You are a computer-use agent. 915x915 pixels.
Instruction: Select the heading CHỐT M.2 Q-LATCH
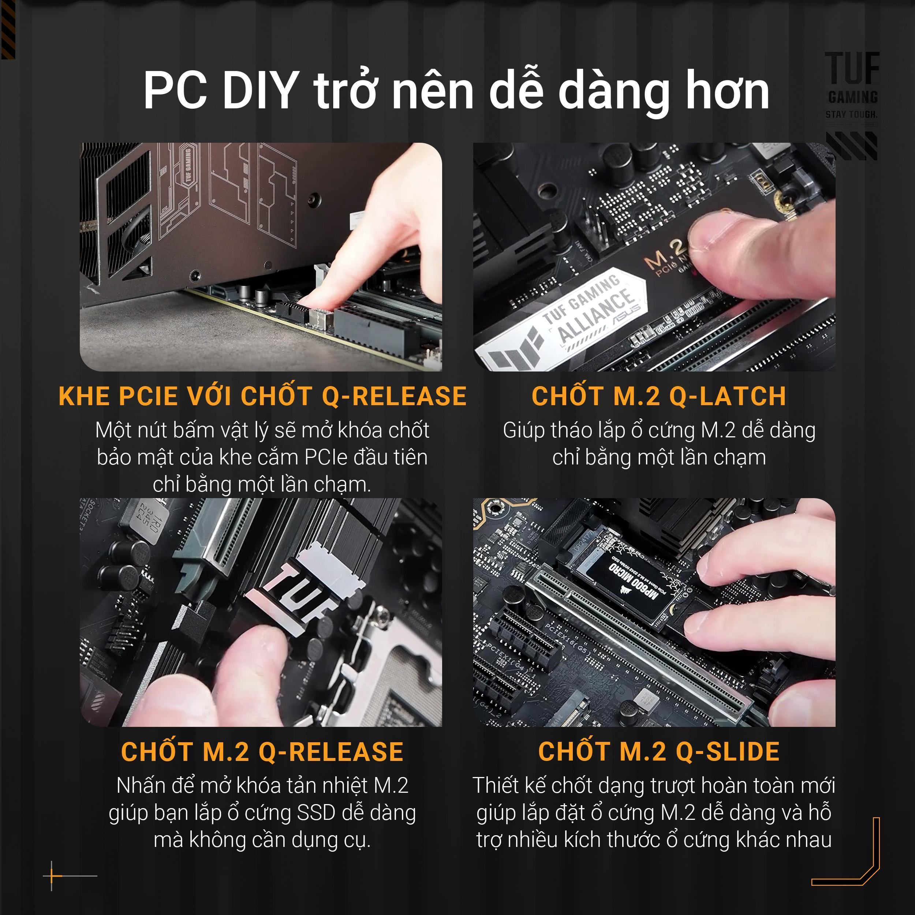pyautogui.click(x=658, y=396)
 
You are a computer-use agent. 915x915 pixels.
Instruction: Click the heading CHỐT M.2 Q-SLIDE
pyautogui.click(x=658, y=751)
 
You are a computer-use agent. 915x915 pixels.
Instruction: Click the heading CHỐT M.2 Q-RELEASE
pyautogui.click(x=262, y=751)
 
